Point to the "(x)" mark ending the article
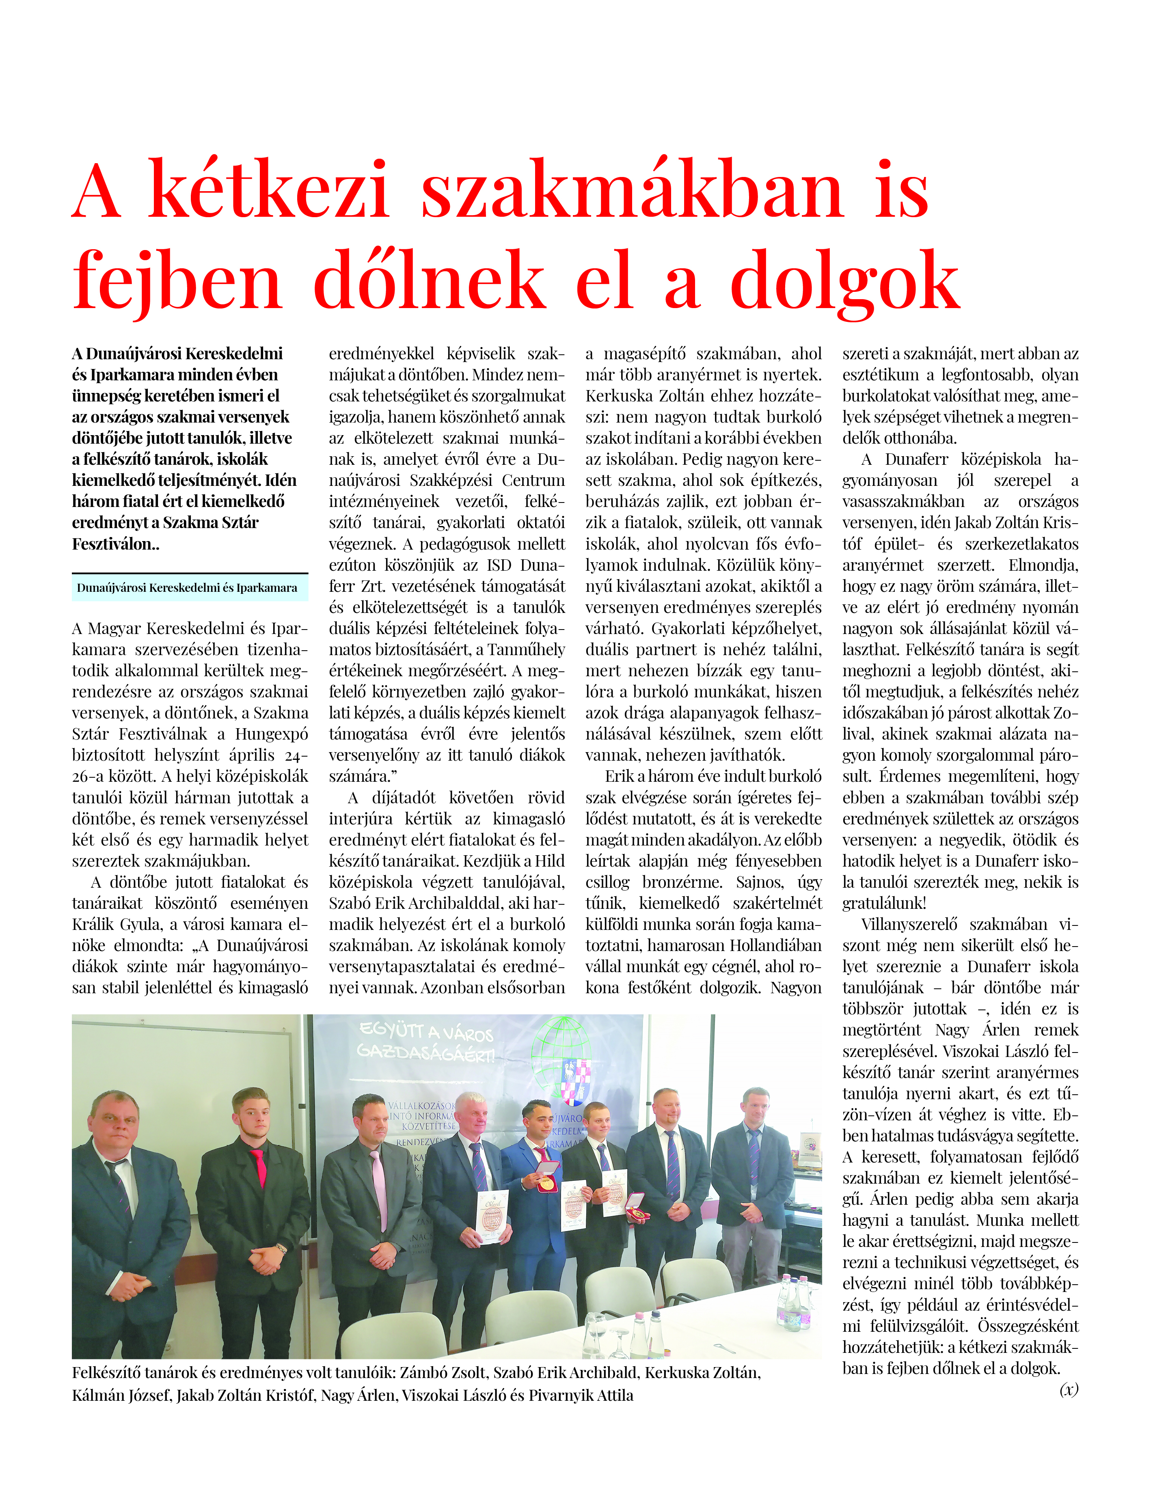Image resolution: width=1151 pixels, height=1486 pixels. pos(1069,1389)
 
